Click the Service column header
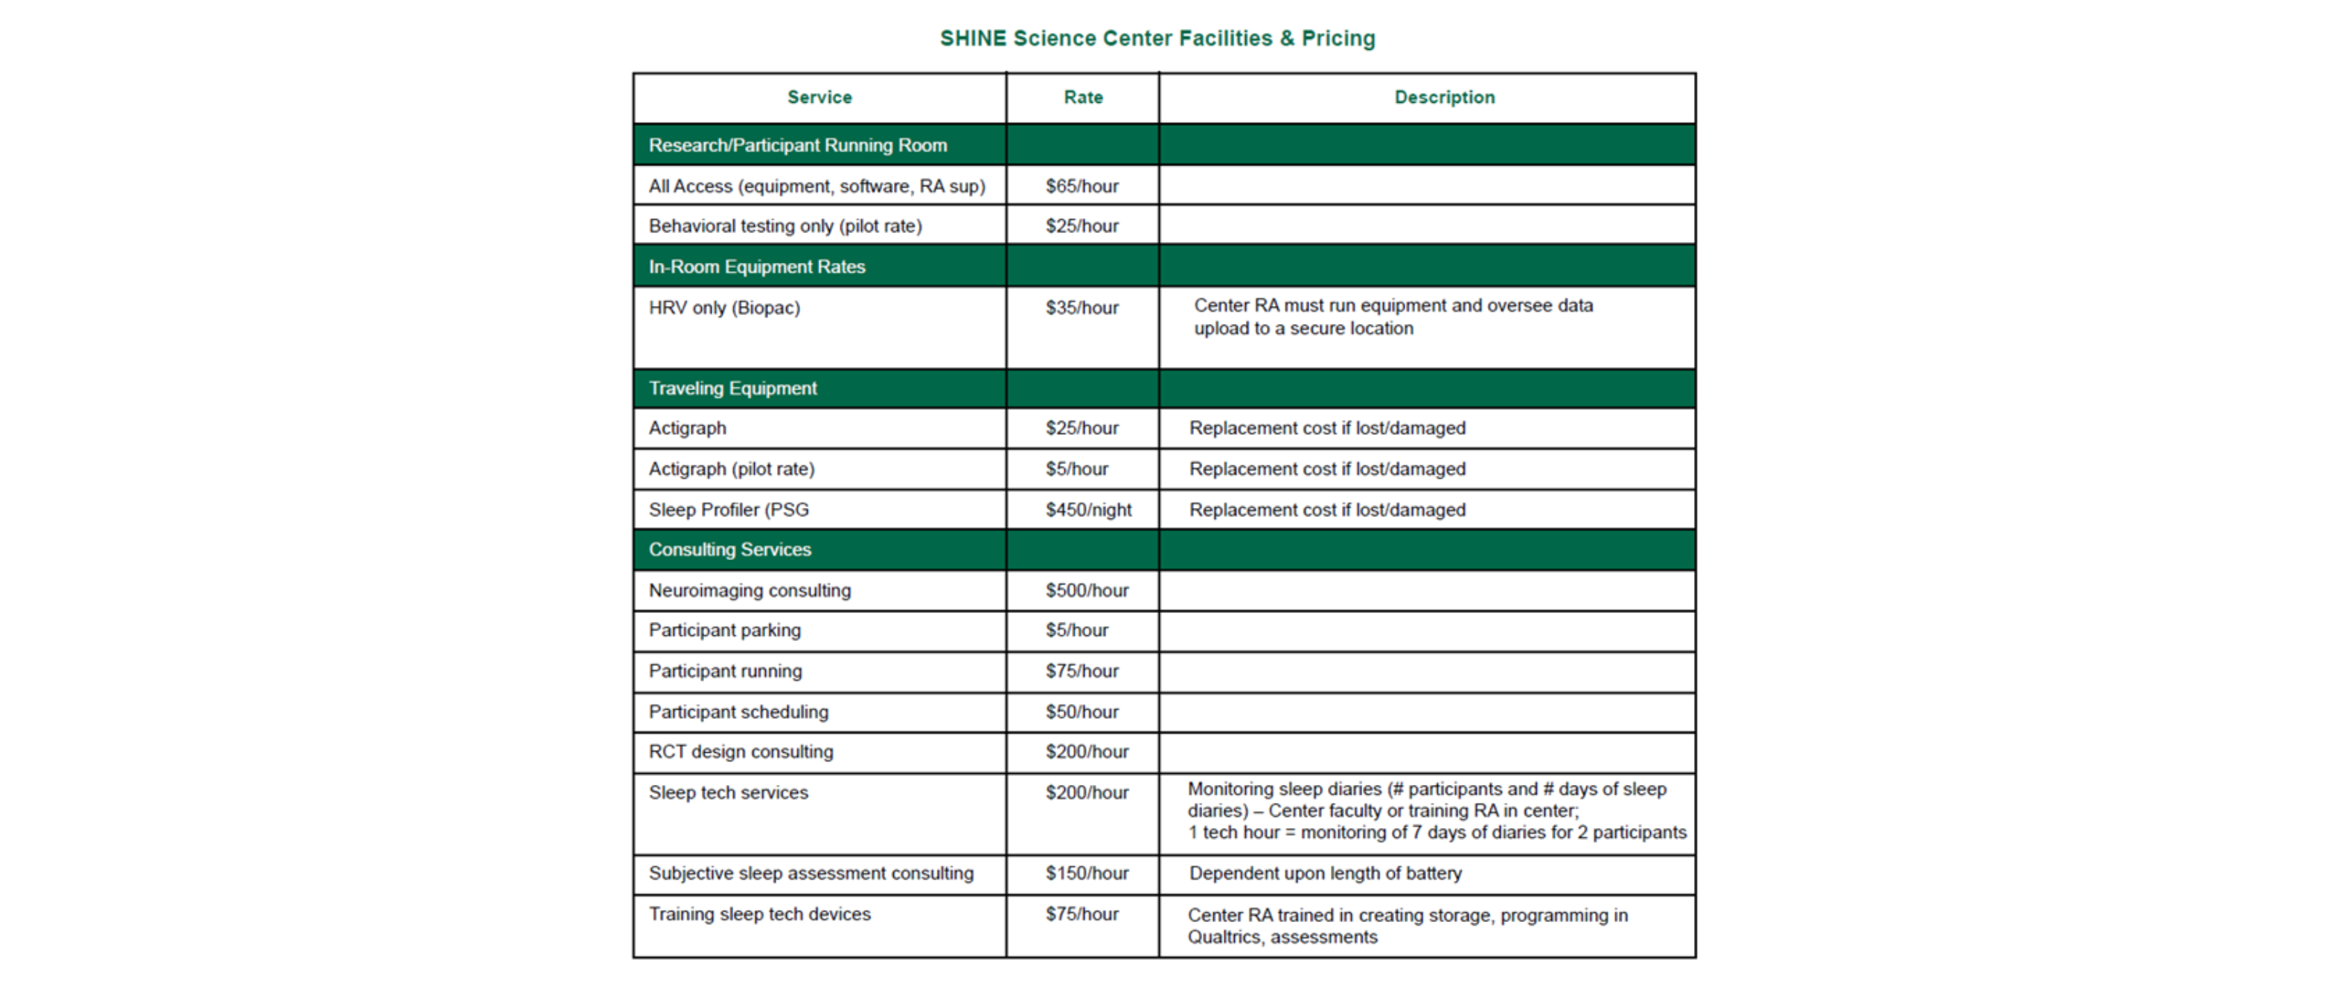point(819,98)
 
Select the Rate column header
point(1083,98)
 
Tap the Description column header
point(1444,98)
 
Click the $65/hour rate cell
point(1081,186)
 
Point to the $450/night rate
point(1088,509)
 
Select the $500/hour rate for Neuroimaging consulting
point(1087,591)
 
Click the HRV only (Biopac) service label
point(724,308)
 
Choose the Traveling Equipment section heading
point(732,388)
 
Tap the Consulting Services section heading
point(729,549)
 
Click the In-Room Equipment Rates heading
point(757,267)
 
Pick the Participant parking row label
point(724,631)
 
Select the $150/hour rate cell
point(1087,874)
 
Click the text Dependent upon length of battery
point(1325,874)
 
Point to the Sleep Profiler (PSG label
point(729,509)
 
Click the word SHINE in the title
point(973,39)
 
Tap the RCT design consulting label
point(741,751)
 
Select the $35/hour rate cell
point(1081,308)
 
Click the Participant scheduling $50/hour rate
point(1081,712)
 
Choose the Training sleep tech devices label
point(759,914)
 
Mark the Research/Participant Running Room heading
point(797,145)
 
